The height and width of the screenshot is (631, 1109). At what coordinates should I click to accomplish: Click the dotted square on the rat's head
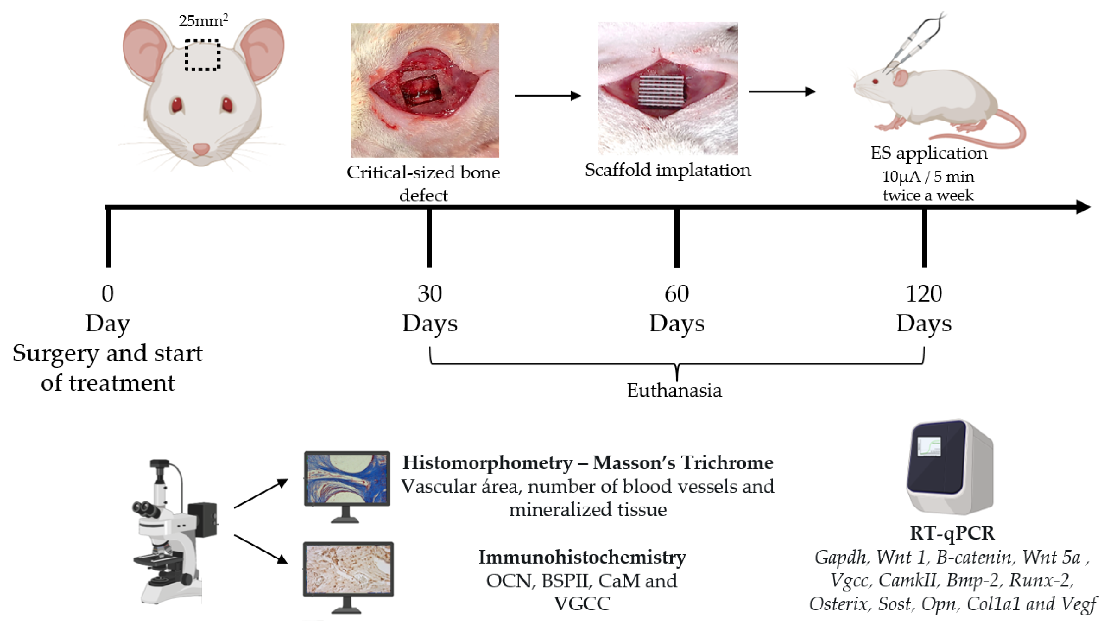pos(202,55)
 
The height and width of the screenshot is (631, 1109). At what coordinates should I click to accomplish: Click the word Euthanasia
pos(674,390)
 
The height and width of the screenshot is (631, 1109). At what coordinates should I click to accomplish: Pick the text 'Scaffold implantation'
pos(667,170)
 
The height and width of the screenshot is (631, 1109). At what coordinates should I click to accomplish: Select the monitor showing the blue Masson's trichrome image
pos(346,479)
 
